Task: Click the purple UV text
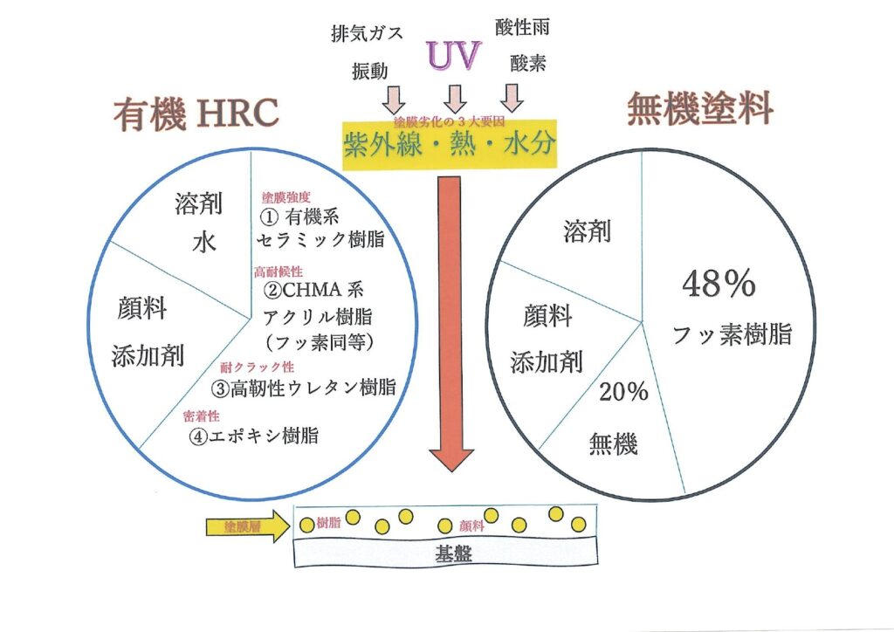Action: (x=453, y=54)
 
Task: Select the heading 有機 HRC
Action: (x=196, y=114)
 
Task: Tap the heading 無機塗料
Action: (x=701, y=111)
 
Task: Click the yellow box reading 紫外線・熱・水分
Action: (x=449, y=144)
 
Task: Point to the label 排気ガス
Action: (x=367, y=34)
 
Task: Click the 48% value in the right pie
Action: (x=719, y=285)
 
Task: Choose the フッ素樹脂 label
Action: (x=732, y=334)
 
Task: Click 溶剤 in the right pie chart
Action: (x=587, y=231)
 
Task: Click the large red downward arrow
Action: (x=451, y=323)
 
